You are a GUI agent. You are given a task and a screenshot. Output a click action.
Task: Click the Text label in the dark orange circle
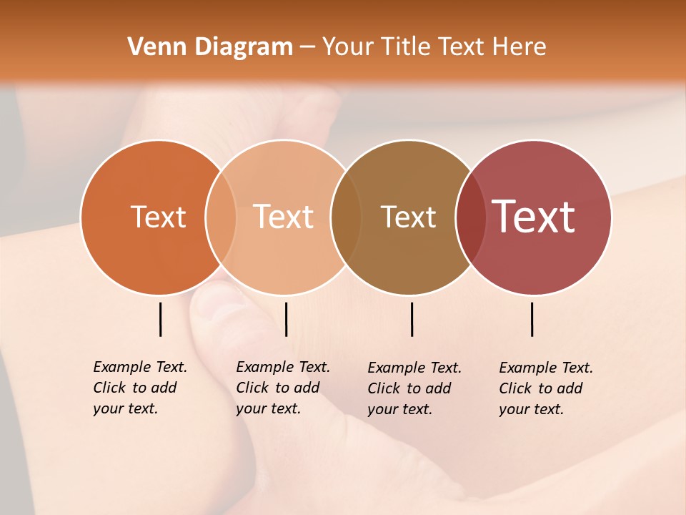point(158,217)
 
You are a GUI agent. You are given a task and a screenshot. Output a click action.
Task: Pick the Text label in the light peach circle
point(284,217)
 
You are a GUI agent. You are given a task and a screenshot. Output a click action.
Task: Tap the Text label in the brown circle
point(408,217)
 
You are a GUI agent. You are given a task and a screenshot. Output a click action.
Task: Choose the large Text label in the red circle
point(534,217)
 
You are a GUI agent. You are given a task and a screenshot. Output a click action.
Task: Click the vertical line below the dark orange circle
point(161,319)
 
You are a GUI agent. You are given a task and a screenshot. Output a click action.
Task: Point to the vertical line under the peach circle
point(286,319)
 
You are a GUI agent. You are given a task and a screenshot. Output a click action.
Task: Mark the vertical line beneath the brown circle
point(412,319)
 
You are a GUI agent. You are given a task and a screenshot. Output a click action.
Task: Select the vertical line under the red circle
point(532,319)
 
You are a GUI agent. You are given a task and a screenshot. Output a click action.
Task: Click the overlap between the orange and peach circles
point(221,217)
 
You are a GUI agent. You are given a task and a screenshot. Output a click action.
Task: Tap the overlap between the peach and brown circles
point(346,217)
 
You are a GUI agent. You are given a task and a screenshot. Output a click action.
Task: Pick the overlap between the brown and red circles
point(471,217)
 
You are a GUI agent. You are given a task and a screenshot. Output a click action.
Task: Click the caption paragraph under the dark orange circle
point(140,388)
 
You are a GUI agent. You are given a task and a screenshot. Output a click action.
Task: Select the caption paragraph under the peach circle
point(283,388)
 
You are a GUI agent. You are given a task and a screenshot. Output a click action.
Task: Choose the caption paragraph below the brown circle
point(414,388)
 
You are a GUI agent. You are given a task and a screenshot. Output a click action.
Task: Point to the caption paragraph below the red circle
point(546,388)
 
